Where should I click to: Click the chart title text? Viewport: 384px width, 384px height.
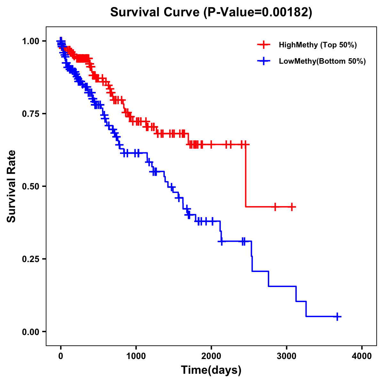211,12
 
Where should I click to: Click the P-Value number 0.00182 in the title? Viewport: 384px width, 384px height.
285,12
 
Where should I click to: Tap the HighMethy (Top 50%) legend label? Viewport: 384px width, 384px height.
318,45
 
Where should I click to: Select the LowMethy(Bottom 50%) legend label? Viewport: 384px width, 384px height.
322,61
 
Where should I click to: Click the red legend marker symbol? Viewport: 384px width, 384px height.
264,45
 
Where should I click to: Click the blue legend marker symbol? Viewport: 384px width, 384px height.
264,61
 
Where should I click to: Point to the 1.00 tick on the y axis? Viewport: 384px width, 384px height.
30,41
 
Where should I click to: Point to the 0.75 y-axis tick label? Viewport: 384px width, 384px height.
30,114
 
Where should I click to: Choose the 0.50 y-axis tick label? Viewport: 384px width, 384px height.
30,186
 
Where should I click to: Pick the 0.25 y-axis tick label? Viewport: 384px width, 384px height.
30,259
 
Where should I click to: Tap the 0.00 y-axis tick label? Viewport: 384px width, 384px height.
30,332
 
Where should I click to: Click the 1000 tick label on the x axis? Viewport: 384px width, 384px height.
136,356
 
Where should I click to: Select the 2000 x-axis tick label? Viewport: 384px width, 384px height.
211,356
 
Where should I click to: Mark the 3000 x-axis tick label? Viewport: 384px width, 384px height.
286,356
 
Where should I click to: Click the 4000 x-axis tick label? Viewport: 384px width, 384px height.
362,356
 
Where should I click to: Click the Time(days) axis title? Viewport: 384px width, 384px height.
211,370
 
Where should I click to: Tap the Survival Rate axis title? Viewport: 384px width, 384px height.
12,186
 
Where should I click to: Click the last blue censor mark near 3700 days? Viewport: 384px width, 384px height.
337,316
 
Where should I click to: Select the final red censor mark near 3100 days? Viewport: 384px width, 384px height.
292,207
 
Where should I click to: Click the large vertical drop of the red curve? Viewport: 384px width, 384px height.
246,176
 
